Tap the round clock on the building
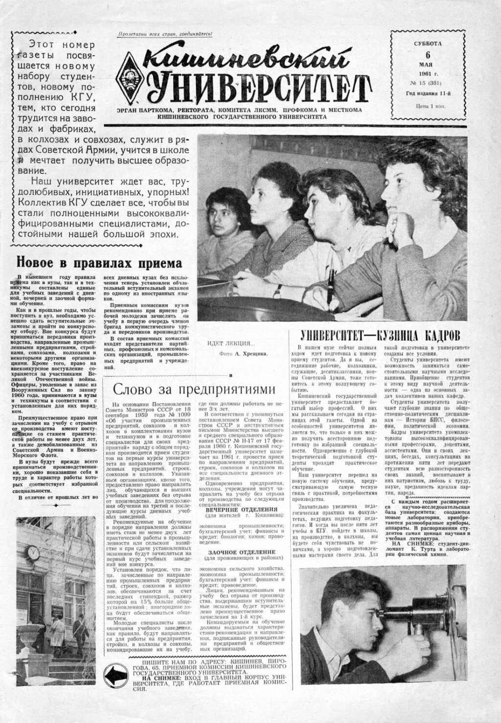[x=33, y=553]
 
